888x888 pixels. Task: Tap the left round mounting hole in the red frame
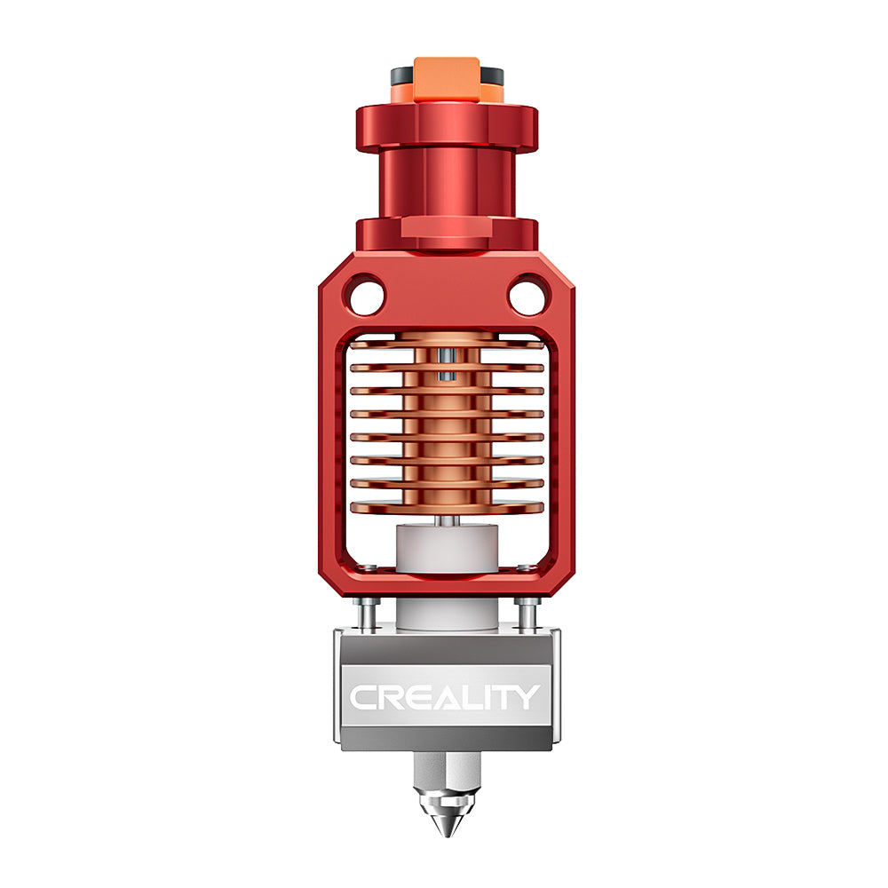tap(365, 295)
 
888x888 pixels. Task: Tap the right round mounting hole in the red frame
tap(527, 295)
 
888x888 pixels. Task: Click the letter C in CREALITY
tap(363, 697)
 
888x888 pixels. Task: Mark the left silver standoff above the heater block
tap(366, 614)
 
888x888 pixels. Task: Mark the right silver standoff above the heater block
tap(527, 614)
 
